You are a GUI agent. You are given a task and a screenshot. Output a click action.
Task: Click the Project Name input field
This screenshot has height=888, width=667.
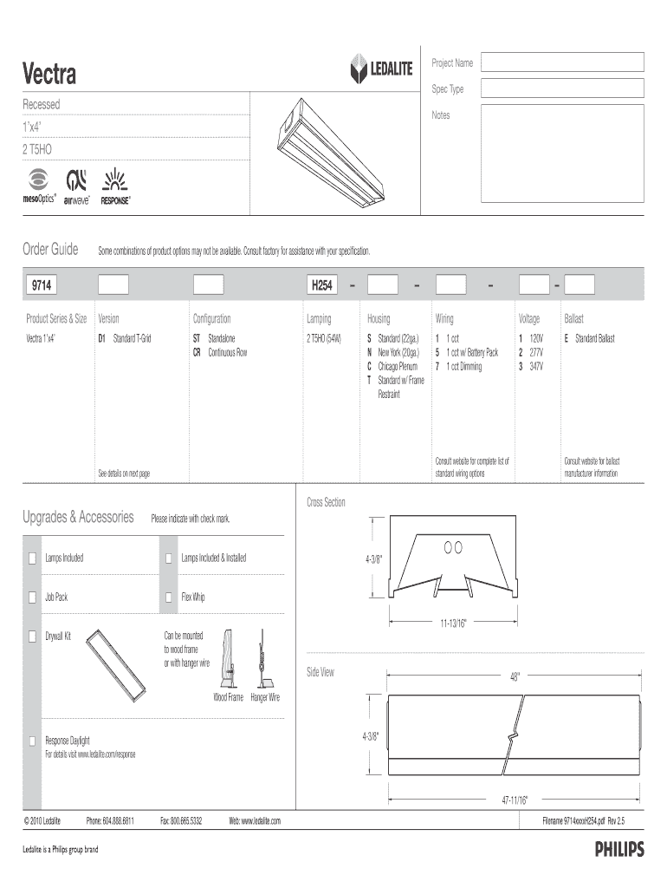[562, 62]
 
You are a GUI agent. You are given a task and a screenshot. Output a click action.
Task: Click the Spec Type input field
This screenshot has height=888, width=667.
[562, 88]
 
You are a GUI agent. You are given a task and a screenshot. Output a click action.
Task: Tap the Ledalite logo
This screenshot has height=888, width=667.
[381, 69]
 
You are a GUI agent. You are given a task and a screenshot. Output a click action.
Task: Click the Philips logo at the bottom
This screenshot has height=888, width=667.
[618, 850]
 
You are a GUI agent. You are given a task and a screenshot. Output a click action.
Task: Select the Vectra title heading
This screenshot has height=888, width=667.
[49, 75]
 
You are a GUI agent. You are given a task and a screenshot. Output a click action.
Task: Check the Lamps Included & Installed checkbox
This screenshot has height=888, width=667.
[169, 558]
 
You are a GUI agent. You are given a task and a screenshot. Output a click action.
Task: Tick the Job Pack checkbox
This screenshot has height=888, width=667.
[32, 597]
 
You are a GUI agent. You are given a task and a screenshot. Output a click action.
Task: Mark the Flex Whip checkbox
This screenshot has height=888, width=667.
[169, 597]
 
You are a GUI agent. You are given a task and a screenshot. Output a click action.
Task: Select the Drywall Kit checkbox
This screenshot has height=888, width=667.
[32, 637]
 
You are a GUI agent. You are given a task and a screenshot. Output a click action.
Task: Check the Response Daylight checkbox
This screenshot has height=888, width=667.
[32, 741]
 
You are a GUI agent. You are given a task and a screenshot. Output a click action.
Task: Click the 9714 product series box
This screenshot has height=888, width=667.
[54, 285]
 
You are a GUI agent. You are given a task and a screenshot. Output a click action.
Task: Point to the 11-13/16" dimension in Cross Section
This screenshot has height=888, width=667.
[452, 623]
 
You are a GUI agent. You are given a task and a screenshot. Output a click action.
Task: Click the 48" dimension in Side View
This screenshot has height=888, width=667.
[515, 677]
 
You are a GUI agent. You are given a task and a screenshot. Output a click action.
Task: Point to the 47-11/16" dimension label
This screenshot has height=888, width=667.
[514, 799]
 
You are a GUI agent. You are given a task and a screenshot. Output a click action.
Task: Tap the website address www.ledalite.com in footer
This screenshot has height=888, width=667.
[255, 819]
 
